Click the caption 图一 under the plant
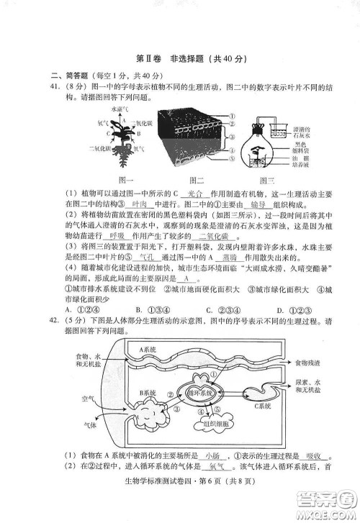pyautogui.click(x=127, y=178)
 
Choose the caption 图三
pyautogui.click(x=268, y=178)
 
